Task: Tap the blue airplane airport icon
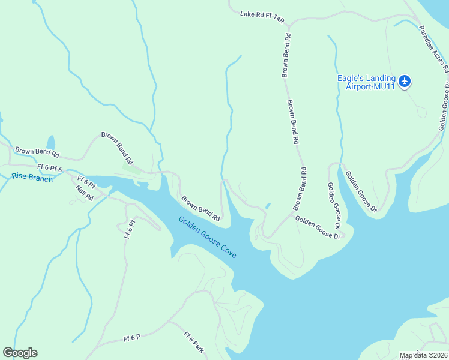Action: click(x=405, y=80)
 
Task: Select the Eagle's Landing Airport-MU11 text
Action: click(x=366, y=82)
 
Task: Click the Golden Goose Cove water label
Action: click(x=207, y=237)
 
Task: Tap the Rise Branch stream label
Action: click(x=32, y=178)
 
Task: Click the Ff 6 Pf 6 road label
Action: click(x=50, y=168)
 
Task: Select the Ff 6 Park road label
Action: click(x=194, y=342)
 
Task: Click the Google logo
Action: click(x=20, y=353)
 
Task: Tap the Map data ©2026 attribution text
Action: click(x=423, y=355)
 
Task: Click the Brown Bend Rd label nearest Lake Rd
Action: click(x=287, y=55)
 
